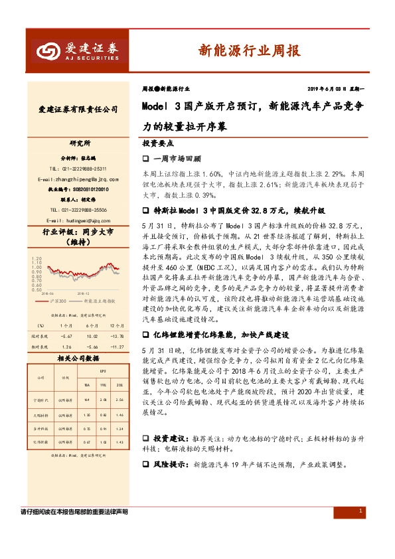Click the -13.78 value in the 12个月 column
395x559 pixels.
coord(116,335)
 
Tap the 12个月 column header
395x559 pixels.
coord(116,326)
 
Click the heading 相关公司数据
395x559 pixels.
coord(78,359)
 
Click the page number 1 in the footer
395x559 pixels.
coord(359,511)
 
